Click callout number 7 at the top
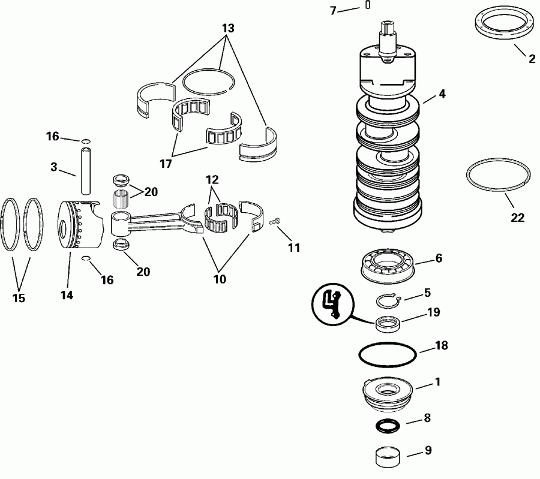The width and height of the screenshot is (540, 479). [333, 10]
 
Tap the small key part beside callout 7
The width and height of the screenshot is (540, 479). [367, 6]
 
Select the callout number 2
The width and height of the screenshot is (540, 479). [531, 59]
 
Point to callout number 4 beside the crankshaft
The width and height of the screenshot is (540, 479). [442, 94]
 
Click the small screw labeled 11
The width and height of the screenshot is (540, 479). [276, 222]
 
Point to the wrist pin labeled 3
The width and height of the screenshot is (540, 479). [85, 168]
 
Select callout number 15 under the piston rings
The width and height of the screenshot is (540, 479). [19, 297]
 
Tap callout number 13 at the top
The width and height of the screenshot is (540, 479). [228, 28]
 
